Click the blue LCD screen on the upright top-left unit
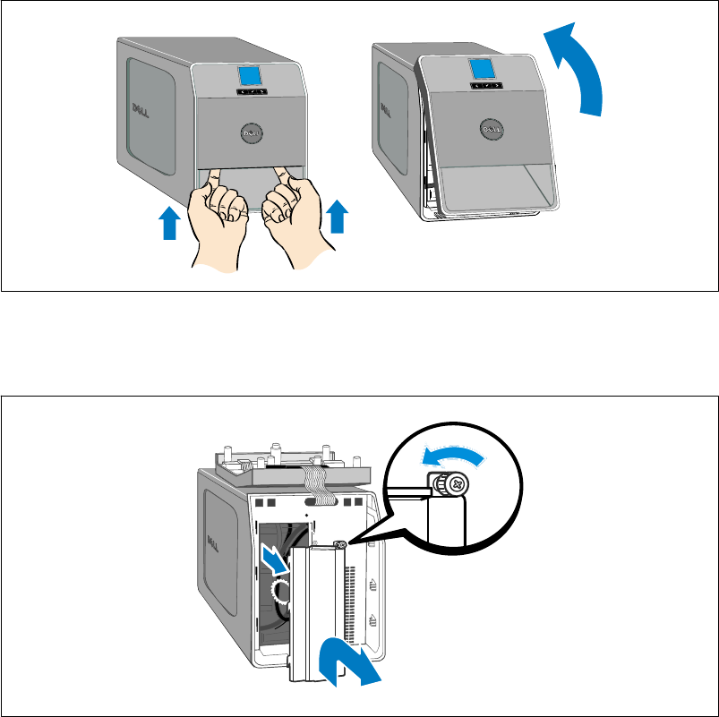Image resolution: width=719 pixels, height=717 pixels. pyautogui.click(x=250, y=76)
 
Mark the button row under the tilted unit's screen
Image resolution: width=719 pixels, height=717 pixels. pyautogui.click(x=485, y=86)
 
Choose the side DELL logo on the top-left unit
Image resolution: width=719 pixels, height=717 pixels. pyautogui.click(x=139, y=111)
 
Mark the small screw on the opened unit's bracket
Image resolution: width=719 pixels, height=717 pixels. pyautogui.click(x=341, y=544)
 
